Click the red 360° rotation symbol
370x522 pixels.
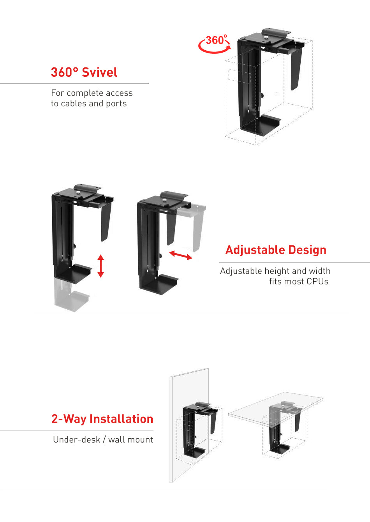[x=215, y=44]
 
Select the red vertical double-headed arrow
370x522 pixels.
[x=101, y=266]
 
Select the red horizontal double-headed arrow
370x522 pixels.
[x=180, y=256]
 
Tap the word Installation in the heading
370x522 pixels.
[x=122, y=419]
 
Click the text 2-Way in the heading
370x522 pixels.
[x=69, y=419]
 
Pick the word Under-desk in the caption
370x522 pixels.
[x=76, y=440]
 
